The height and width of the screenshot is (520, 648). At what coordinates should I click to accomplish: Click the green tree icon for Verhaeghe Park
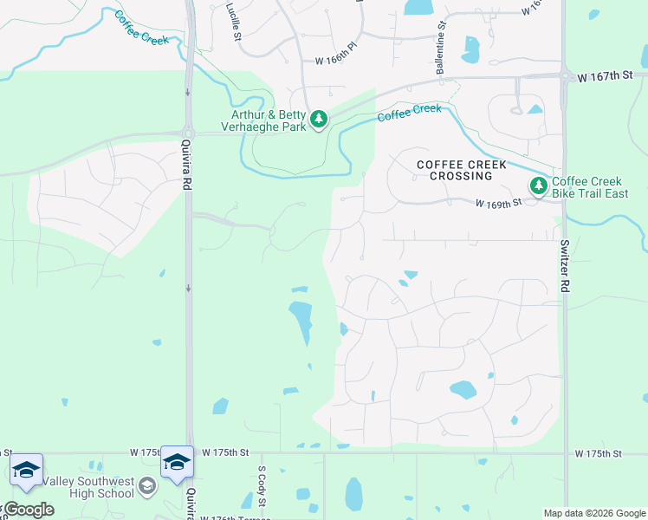point(319,119)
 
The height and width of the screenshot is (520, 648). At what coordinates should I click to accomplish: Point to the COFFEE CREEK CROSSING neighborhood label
point(454,169)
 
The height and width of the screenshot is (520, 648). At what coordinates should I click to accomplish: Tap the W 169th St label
point(497,203)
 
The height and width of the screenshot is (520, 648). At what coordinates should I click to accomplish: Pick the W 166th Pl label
point(337,60)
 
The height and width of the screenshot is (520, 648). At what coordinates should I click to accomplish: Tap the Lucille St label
point(232,22)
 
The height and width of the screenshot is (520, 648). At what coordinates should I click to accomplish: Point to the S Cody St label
point(260,491)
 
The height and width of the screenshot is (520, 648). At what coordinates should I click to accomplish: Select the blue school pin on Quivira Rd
point(177,463)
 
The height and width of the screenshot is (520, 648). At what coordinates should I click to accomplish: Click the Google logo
point(28,509)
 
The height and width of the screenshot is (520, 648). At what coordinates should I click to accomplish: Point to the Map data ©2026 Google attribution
point(594,513)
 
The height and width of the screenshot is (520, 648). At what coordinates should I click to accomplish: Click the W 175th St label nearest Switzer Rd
point(598,453)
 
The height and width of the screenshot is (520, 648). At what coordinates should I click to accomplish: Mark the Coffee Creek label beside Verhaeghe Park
point(409,113)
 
